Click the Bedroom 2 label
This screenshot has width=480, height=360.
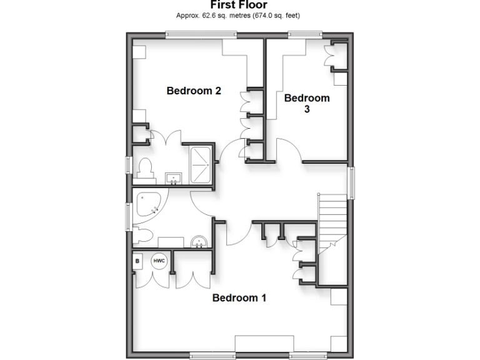click(x=194, y=91)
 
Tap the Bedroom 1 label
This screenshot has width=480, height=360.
click(x=239, y=297)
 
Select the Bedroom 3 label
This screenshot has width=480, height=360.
click(x=306, y=103)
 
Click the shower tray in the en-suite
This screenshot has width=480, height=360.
click(x=198, y=164)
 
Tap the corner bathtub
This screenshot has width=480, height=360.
click(x=148, y=206)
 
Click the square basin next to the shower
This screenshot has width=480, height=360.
click(x=173, y=179)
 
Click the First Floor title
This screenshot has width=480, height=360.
click(x=239, y=6)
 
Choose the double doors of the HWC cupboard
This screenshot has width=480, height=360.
click(x=151, y=278)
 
